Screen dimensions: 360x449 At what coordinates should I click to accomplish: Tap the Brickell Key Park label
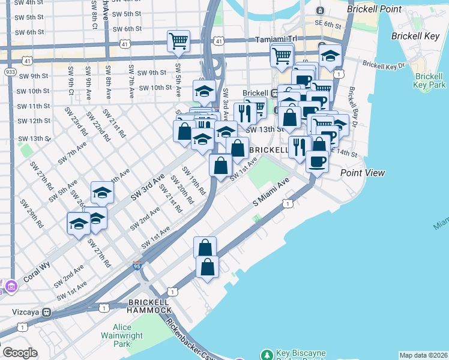430,81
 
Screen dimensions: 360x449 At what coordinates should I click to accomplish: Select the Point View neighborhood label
362,173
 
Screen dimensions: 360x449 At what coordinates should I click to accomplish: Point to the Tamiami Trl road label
276,40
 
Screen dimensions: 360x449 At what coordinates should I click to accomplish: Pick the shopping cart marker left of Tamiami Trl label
178,41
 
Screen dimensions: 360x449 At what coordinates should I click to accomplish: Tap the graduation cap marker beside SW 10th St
204,92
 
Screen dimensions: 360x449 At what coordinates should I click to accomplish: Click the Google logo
20,353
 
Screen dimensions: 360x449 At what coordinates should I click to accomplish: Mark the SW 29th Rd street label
31,213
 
